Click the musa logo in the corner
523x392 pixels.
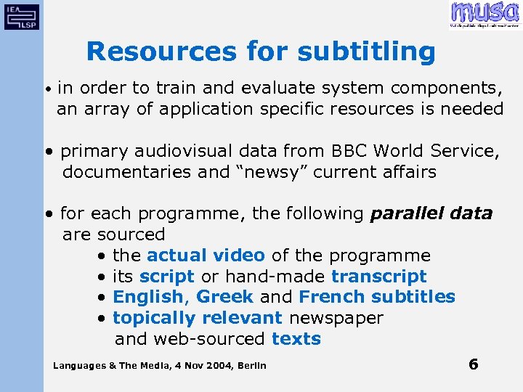point(485,14)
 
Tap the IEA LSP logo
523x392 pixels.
point(22,15)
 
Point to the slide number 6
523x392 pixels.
point(473,364)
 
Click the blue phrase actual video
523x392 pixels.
point(206,256)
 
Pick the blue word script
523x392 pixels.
point(167,277)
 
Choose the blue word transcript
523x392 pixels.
point(378,277)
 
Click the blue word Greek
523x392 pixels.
point(224,297)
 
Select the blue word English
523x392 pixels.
point(148,297)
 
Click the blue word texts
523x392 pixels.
point(296,339)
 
